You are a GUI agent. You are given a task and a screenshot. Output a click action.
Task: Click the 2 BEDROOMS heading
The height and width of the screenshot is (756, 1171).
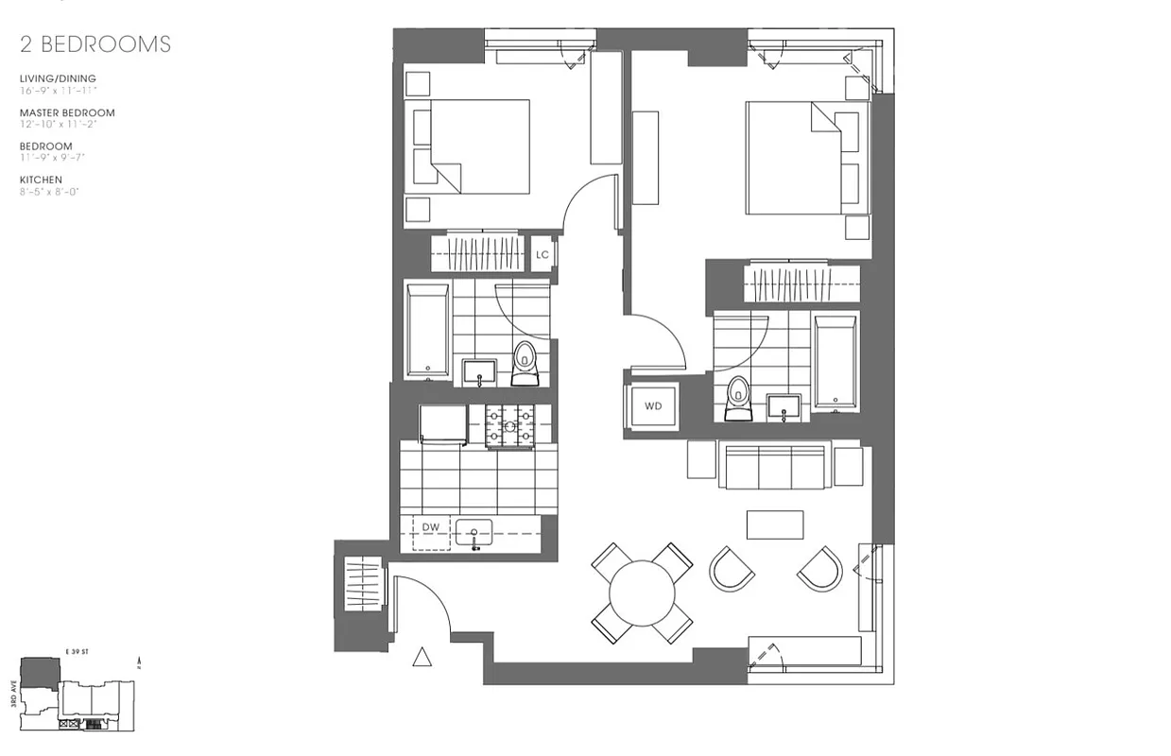click(x=95, y=43)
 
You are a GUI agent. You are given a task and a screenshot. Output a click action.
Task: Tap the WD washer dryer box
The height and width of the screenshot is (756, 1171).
click(x=653, y=406)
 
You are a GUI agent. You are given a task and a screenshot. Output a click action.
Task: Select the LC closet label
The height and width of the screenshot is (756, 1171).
click(x=542, y=254)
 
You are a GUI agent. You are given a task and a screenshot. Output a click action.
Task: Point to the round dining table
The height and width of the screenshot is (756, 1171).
click(x=642, y=593)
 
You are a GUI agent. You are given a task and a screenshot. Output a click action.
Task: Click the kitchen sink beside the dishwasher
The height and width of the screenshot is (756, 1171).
click(x=474, y=533)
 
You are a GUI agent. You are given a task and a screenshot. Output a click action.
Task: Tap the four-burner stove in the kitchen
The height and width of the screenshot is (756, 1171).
click(x=509, y=424)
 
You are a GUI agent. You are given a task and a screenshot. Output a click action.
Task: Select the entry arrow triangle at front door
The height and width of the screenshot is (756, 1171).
click(x=422, y=657)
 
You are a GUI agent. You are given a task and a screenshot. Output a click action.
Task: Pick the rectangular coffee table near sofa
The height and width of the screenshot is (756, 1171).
click(x=775, y=524)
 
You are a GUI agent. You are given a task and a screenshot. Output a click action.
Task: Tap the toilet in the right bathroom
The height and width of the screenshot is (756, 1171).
click(x=737, y=397)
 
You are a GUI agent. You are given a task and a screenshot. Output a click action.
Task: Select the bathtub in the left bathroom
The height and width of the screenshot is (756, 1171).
click(x=427, y=330)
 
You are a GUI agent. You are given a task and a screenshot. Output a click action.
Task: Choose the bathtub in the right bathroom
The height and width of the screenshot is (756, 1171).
click(x=835, y=363)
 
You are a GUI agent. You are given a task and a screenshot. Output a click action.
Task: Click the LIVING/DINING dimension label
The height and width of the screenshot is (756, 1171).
click(x=58, y=78)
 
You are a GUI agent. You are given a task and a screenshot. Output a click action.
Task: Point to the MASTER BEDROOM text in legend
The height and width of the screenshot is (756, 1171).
click(x=67, y=112)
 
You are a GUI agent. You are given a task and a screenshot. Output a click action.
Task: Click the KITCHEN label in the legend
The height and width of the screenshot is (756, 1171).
click(x=41, y=180)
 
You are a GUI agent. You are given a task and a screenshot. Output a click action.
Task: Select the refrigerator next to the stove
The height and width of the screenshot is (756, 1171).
click(x=443, y=423)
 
